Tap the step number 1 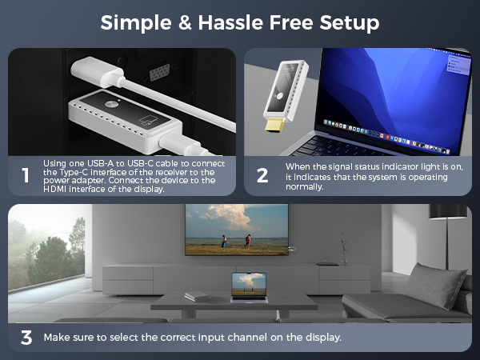click(26, 176)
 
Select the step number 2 click(262, 176)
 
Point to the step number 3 click(26, 338)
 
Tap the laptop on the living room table click(248, 288)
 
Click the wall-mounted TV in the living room click(236, 229)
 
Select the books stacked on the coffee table click(197, 296)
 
